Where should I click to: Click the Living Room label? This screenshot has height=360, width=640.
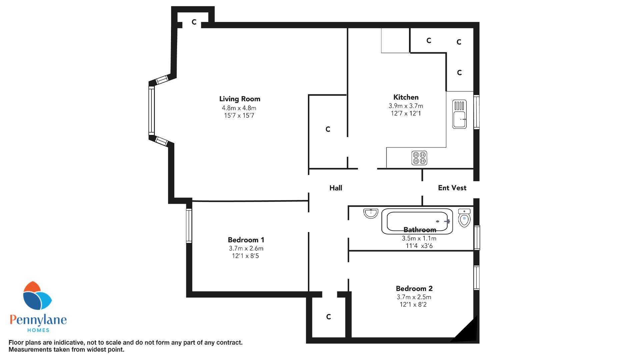(240, 99)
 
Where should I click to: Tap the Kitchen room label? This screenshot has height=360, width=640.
(406, 97)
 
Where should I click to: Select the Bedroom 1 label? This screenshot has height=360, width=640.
(246, 240)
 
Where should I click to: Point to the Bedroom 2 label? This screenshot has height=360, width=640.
(414, 289)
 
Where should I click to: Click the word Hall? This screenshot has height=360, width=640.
(336, 188)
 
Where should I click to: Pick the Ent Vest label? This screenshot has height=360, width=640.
(452, 188)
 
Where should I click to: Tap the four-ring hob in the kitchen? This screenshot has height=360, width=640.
(419, 158)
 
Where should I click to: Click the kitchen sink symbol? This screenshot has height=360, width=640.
(460, 114)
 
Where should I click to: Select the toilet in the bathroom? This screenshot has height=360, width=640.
(464, 218)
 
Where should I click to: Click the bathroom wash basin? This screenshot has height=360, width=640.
(371, 213)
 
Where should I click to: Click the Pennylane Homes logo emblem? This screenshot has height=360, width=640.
(37, 296)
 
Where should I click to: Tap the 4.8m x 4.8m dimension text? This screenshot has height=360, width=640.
(239, 108)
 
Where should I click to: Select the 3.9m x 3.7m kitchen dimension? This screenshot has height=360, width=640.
(406, 106)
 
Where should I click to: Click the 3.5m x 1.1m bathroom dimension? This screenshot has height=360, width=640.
(419, 239)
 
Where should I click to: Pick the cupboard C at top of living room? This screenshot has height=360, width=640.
(194, 22)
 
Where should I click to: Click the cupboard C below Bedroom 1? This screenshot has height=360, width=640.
(328, 317)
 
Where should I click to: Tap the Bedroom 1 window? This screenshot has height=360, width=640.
(189, 226)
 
